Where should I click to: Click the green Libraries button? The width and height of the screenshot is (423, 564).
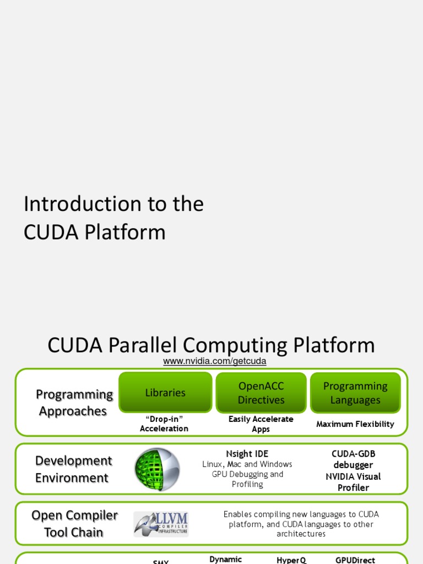coord(165,393)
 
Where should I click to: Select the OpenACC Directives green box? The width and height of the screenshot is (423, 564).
coord(261,393)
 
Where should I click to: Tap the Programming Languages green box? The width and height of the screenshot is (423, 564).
coord(355,393)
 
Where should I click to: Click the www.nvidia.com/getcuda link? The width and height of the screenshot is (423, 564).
coord(215,361)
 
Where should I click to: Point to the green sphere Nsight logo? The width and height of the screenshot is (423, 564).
coord(157,469)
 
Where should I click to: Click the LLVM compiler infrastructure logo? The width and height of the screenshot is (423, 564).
coord(161,524)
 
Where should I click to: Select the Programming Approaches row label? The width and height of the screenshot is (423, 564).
coord(74,403)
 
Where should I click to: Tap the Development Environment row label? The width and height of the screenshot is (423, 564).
coord(73,469)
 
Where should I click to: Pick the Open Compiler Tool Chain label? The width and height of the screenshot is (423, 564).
coord(74,524)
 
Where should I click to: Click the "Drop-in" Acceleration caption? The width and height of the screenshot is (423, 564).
coord(164,424)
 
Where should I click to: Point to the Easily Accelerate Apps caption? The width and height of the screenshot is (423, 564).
coord(261,424)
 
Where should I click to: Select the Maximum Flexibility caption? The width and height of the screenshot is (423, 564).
coord(355,424)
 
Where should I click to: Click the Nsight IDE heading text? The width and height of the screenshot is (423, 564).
coord(247,454)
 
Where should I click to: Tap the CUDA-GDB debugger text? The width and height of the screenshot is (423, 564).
coord(353,459)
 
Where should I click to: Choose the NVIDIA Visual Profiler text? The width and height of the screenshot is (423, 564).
coord(353,482)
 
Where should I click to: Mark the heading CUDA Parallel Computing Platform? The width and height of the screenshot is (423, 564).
coord(211,345)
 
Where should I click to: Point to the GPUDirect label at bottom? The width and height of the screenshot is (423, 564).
coord(355,560)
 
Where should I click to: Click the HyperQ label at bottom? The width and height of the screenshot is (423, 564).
coord(291,560)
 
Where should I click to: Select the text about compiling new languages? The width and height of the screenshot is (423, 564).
coord(301,524)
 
